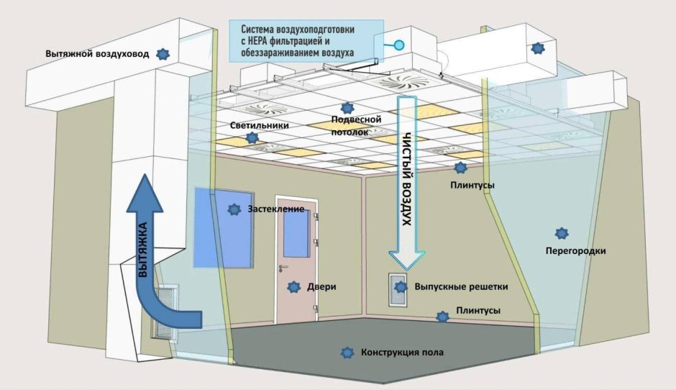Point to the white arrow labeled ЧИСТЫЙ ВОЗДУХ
point(407,180)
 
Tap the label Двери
point(321,286)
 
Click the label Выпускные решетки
point(461,286)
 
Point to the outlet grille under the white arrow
point(398,290)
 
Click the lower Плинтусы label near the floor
point(478,312)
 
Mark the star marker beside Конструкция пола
point(348,352)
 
